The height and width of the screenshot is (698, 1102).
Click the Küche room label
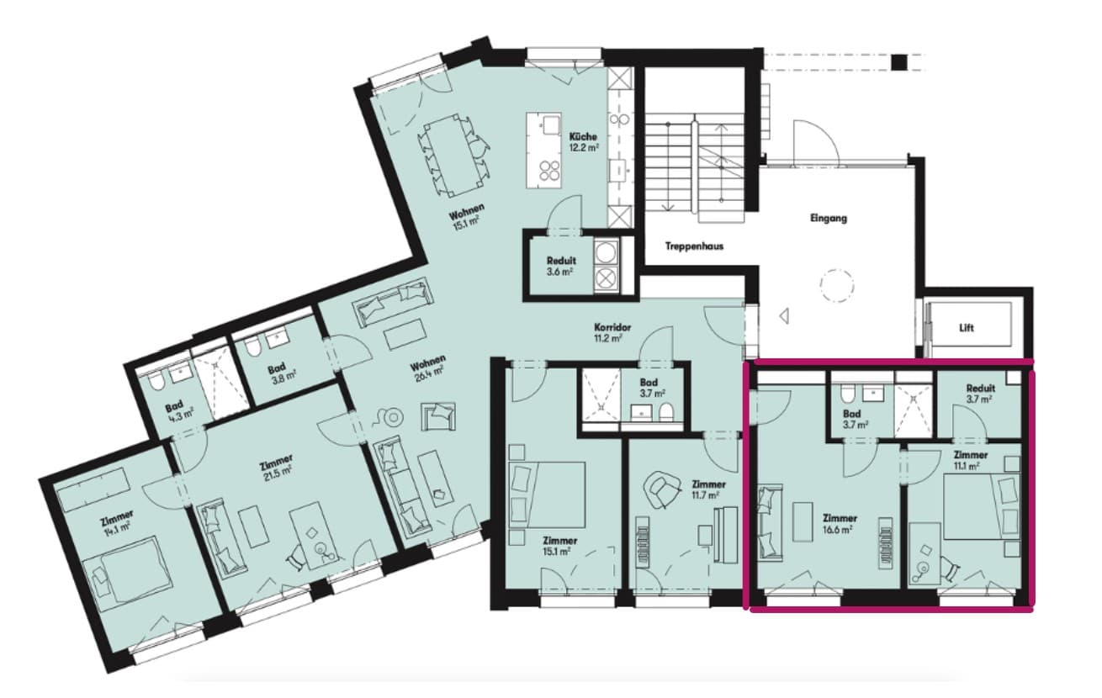[583, 136]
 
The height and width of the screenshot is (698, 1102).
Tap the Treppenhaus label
[694, 246]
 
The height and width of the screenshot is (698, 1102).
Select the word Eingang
[829, 218]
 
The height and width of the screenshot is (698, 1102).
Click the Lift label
[967, 328]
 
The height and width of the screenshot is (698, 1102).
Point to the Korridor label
[612, 327]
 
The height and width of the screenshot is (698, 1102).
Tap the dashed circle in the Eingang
[837, 285]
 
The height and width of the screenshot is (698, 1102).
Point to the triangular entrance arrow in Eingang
[785, 315]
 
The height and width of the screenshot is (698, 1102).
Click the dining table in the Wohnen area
[452, 154]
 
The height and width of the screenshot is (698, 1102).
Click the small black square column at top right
[899, 62]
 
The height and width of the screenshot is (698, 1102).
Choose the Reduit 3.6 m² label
[561, 266]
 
